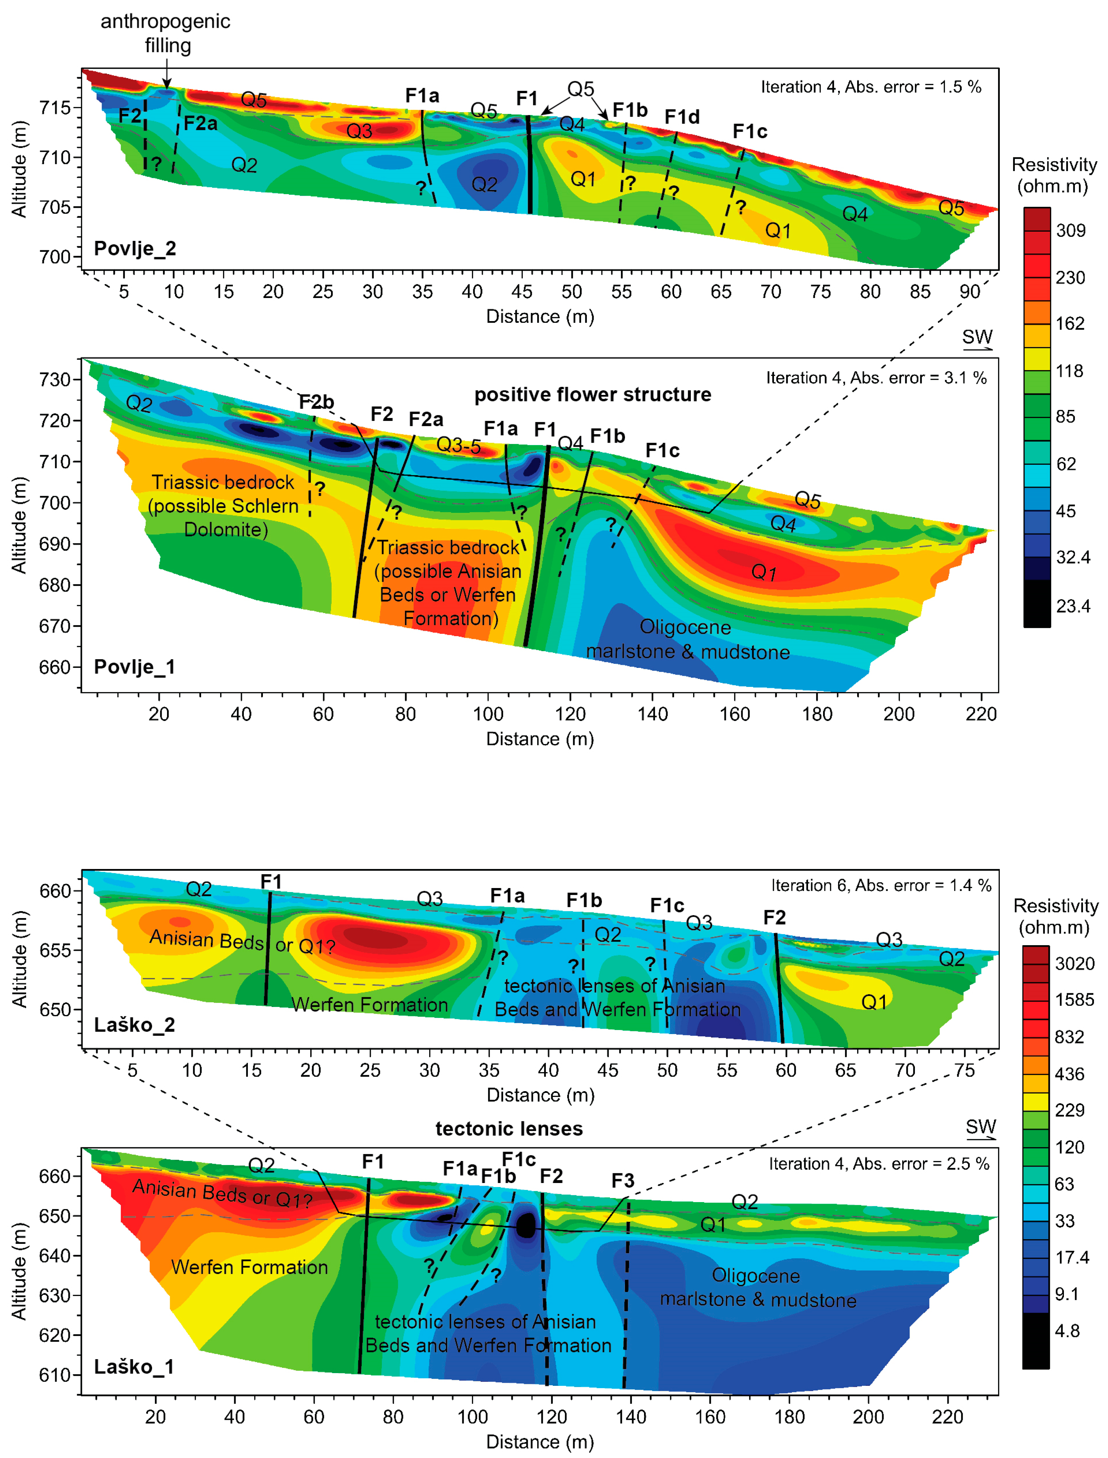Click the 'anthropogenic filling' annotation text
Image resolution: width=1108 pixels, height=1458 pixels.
(166, 33)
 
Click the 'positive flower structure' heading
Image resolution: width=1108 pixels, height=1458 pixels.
(592, 395)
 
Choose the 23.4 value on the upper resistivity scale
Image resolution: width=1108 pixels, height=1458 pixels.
(1072, 606)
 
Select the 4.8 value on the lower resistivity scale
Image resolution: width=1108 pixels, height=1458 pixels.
(1067, 1331)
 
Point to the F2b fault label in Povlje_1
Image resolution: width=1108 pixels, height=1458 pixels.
(317, 402)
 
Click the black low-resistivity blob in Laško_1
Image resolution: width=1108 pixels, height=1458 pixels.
(526, 1225)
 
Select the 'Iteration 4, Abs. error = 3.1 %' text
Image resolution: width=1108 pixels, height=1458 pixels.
(876, 378)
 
